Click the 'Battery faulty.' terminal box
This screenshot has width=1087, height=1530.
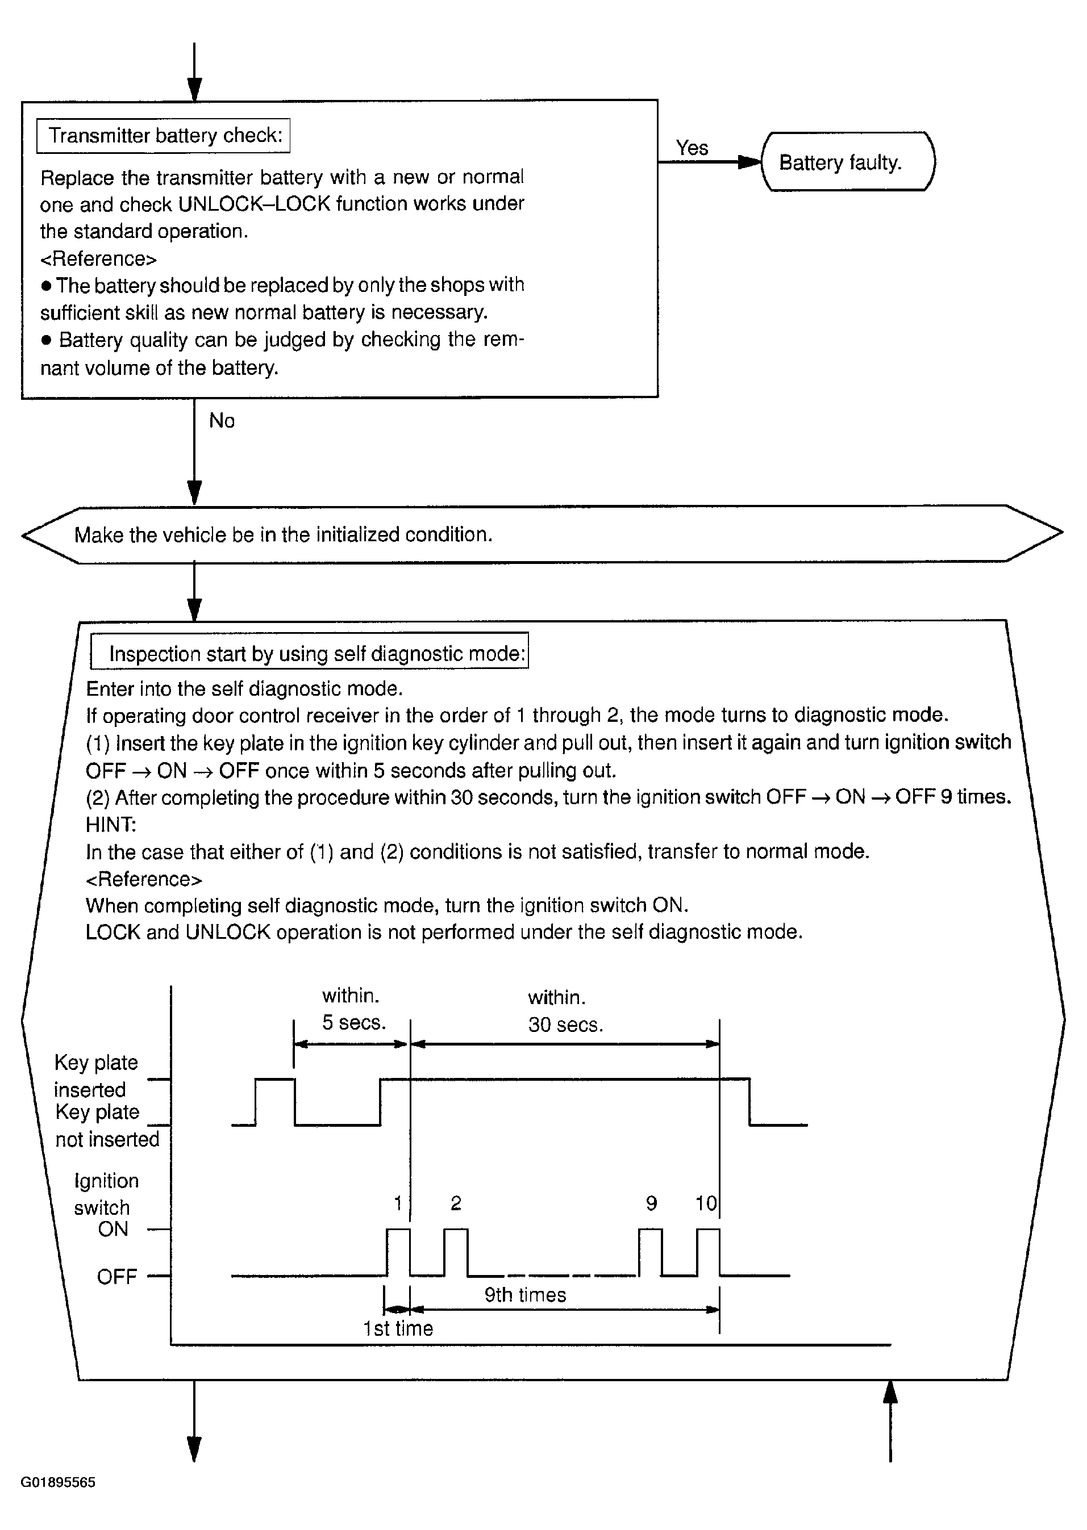coord(847,162)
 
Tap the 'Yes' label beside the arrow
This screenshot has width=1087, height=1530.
coord(692,148)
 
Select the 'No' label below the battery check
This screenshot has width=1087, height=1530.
coord(222,421)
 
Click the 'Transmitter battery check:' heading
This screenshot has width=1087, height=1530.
coord(165,136)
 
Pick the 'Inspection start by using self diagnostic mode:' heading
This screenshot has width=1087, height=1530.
coord(316,654)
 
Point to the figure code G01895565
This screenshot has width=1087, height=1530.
coord(57,1482)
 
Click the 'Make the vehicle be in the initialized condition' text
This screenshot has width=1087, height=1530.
coord(283,534)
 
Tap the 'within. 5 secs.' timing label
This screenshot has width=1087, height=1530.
coord(353,1009)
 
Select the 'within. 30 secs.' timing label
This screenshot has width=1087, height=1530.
coord(564,1011)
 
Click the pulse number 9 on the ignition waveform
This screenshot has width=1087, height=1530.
coord(651,1203)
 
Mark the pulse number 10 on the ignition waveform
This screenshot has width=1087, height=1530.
coord(706,1203)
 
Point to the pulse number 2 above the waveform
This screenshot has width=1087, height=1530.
coord(456,1203)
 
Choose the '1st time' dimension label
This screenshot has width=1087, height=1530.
coord(398,1328)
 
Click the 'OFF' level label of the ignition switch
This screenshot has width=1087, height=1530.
coord(116,1277)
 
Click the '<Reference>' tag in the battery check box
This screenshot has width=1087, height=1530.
coord(98,258)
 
